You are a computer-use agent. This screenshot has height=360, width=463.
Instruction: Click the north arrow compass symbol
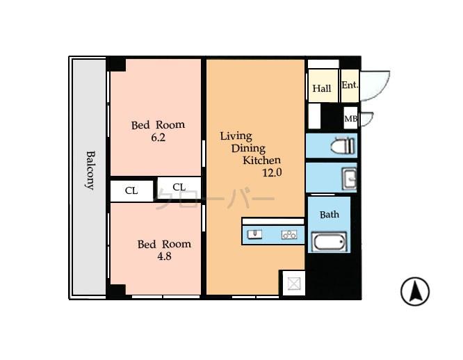pyautogui.click(x=415, y=291)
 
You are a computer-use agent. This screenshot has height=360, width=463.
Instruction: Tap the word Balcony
pyautogui.click(x=90, y=170)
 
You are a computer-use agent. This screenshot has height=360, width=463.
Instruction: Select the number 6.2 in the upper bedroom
pyautogui.click(x=158, y=138)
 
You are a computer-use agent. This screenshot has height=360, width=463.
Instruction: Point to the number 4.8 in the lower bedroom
pyautogui.click(x=163, y=256)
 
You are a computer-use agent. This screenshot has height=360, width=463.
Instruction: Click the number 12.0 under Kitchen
pyautogui.click(x=271, y=173)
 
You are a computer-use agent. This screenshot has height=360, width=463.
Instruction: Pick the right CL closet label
pyautogui.click(x=179, y=186)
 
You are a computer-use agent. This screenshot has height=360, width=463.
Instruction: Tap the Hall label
pyautogui.click(x=322, y=88)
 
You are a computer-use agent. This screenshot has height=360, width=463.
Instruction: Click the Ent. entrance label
pyautogui.click(x=349, y=85)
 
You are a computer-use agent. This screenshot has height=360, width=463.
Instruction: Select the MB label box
pyautogui.click(x=350, y=119)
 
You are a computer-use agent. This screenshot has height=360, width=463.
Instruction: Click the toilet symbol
pyautogui.click(x=343, y=147)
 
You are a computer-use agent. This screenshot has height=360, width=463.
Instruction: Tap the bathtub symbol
pyautogui.click(x=328, y=243)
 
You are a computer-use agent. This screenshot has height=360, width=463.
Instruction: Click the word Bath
pyautogui.click(x=329, y=214)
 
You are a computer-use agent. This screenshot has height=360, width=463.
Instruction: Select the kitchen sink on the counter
pyautogui.click(x=254, y=234)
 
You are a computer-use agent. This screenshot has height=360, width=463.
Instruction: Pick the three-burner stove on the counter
pyautogui.click(x=289, y=235)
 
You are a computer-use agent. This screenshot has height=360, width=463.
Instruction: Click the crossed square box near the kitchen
pyautogui.click(x=293, y=284)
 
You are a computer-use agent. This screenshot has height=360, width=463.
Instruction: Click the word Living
pyautogui.click(x=236, y=136)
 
